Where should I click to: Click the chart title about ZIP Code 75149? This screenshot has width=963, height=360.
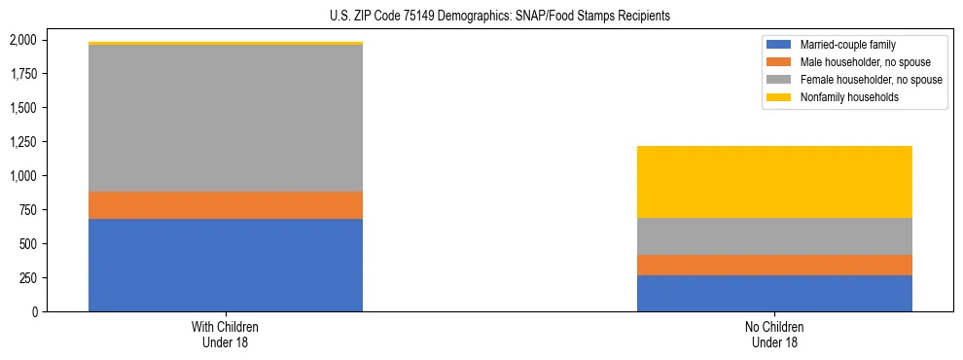[481, 17]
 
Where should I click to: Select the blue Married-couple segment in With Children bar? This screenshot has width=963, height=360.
[226, 265]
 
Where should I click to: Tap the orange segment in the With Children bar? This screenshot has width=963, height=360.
[226, 205]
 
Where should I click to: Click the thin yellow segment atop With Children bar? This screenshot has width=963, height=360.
[226, 44]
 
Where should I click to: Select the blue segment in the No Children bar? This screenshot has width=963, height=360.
[774, 293]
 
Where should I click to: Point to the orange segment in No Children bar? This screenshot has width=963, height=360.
[774, 265]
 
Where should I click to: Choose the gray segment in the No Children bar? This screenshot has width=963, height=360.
[774, 236]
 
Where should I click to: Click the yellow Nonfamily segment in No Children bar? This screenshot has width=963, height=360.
[774, 182]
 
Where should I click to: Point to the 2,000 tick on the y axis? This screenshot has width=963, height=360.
[22, 40]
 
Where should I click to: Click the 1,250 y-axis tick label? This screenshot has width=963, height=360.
[22, 142]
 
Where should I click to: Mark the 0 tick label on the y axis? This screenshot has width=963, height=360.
[35, 312]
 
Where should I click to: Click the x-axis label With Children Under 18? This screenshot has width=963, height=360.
[226, 335]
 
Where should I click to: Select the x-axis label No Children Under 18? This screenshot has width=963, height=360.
[774, 335]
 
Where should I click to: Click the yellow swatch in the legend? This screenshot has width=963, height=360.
[779, 97]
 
